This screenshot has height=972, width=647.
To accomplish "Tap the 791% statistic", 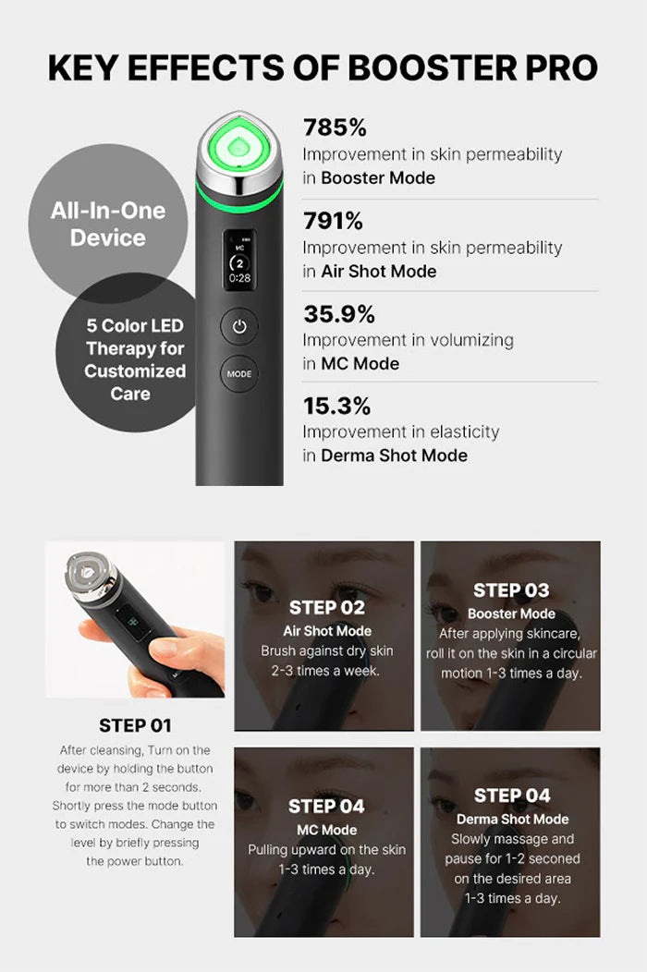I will point(333,222).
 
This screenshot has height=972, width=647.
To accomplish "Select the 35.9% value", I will point(337,314).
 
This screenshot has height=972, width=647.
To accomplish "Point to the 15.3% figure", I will point(336,406).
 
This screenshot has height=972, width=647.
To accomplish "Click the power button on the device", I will point(238,326).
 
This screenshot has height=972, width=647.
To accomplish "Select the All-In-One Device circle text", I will point(108,224).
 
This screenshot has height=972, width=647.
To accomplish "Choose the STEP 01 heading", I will point(135,725).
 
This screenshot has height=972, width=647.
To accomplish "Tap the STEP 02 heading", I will point(326,607).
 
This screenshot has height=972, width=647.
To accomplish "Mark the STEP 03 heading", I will point(511,590).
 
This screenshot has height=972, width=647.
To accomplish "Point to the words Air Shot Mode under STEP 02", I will point(326,631).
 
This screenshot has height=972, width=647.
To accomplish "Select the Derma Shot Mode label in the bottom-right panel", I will point(511,819).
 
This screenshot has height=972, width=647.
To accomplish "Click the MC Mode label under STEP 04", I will point(326,830).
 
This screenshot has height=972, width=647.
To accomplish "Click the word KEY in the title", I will point(88,67).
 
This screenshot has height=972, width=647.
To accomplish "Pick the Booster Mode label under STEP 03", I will point(511,614).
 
